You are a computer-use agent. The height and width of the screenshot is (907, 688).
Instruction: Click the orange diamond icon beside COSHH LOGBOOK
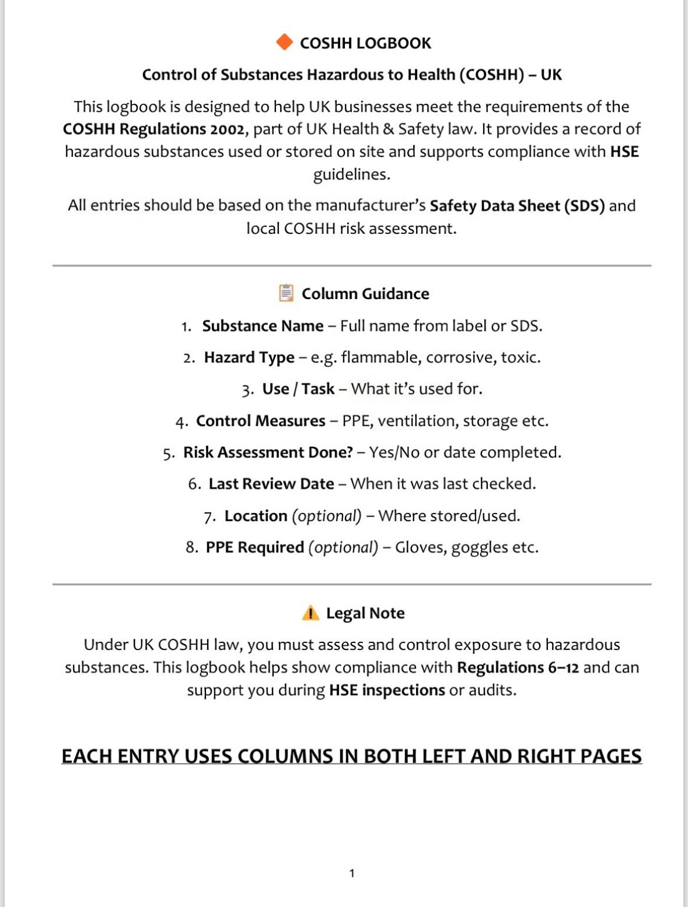284,43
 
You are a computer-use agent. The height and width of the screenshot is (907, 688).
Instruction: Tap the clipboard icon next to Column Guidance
286,293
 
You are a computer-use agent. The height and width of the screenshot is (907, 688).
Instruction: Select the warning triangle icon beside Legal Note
310,613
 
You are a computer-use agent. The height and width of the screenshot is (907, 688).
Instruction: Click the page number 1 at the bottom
351,873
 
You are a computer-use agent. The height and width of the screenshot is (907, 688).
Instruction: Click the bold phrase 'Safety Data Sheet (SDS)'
517,206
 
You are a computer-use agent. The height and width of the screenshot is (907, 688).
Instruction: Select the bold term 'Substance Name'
263,326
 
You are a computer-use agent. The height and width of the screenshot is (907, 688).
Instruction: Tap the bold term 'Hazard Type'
249,357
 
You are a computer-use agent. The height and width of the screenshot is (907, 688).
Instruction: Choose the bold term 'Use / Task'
298,389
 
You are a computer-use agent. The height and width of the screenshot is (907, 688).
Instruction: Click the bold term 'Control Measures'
260,421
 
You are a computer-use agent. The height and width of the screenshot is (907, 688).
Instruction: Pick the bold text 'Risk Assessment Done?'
268,452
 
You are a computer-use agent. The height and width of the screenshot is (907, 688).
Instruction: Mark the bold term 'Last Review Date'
271,484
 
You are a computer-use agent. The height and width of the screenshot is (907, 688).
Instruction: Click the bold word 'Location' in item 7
256,516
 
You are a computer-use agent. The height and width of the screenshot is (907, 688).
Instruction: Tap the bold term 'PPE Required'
254,547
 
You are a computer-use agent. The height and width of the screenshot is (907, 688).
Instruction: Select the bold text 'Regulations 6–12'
518,667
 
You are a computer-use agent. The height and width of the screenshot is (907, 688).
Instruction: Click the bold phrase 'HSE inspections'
387,690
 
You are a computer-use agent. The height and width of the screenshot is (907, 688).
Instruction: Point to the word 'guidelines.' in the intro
351,174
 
